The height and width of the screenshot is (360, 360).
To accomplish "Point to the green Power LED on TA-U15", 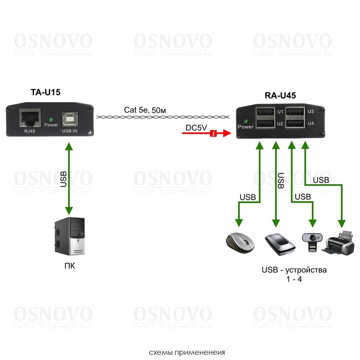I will point(50,119).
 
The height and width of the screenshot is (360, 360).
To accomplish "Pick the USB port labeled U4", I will point(295,124).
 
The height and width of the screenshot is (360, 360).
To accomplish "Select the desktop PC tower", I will point(70,236).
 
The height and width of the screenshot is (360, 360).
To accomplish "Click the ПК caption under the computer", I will point(69,266).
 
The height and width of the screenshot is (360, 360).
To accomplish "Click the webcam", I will point(313,242).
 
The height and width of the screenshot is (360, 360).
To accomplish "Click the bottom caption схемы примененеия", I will point(187,352).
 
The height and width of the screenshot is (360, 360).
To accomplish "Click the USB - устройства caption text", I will point(294,270).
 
